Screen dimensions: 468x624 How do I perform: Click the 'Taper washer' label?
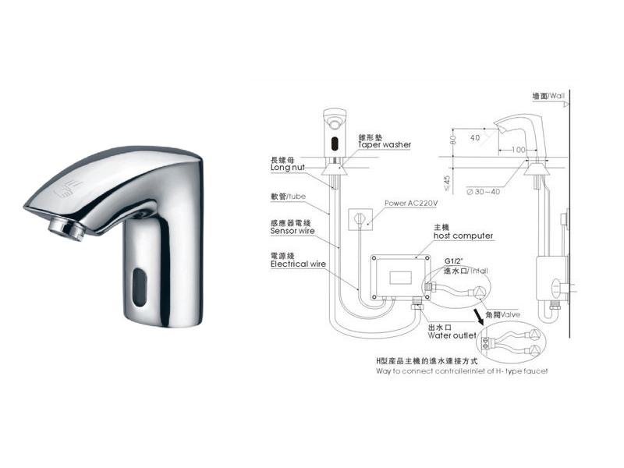[x=385, y=145]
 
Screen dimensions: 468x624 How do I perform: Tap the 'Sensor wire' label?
[x=292, y=231]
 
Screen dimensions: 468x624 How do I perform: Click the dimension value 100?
[x=518, y=149]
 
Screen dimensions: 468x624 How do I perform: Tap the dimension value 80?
[x=453, y=141]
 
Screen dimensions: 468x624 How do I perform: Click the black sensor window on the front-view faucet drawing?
[x=333, y=143]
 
